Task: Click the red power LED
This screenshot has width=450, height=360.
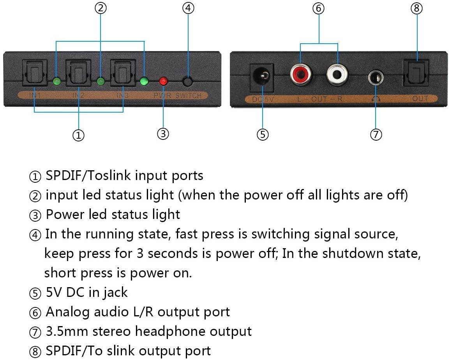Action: coord(163,81)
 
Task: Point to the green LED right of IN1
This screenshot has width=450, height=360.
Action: coord(57,81)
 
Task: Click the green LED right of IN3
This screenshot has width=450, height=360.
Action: coord(144,81)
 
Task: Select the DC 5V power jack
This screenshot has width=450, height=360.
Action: coord(262,76)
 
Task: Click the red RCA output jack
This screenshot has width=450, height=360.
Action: coord(301,74)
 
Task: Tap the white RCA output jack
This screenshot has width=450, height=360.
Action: coord(337,74)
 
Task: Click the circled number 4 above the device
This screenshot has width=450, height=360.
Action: coord(189,8)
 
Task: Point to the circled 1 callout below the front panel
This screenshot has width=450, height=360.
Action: coord(78,135)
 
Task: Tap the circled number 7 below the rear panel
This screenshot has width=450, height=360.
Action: coord(376,134)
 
